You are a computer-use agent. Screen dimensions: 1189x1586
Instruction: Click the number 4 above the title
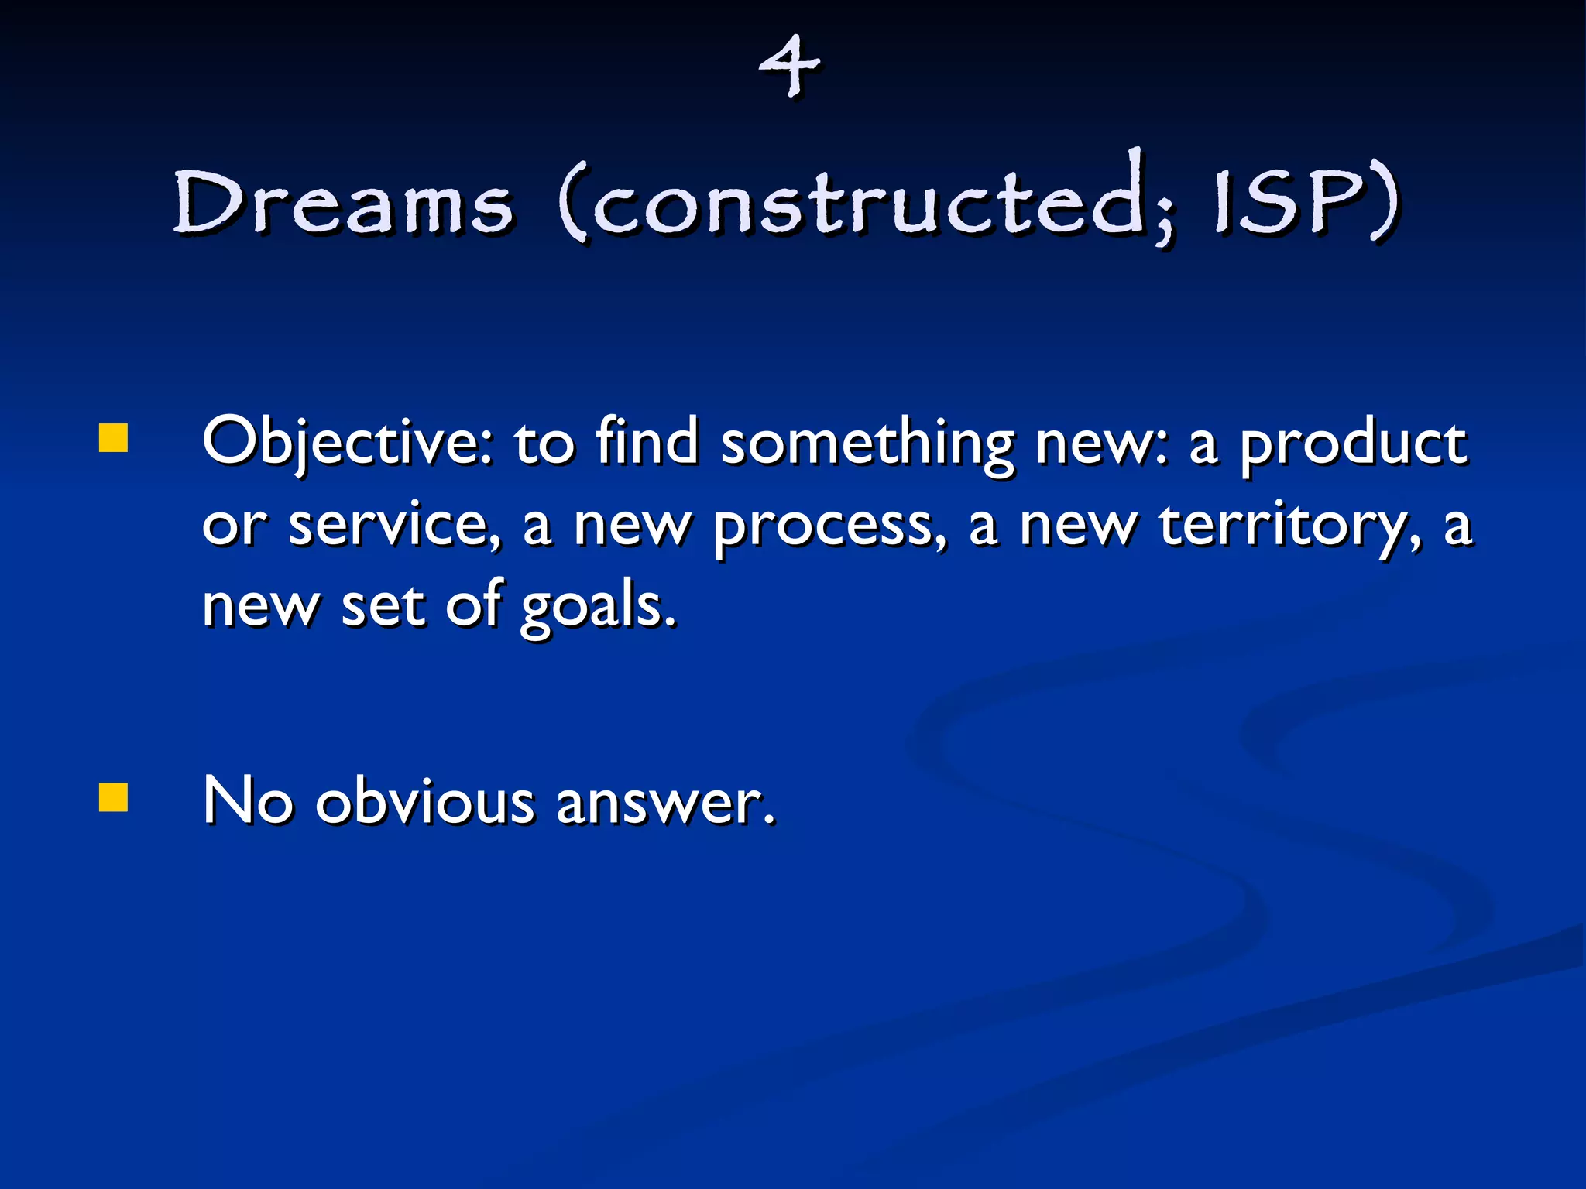coord(789,68)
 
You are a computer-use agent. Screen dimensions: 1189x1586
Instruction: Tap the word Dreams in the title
coord(343,203)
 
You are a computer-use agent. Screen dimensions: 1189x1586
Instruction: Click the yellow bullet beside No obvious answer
coord(114,797)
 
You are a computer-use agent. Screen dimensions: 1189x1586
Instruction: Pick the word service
coord(395,525)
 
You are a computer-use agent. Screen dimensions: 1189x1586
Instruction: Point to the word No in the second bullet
coord(248,800)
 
